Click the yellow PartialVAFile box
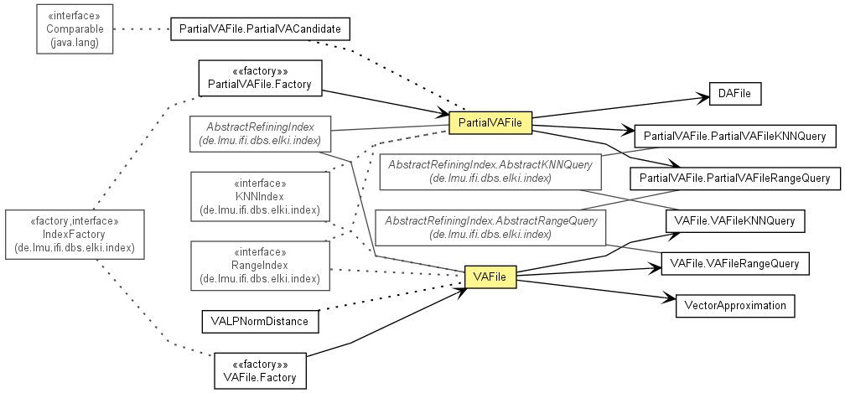490,122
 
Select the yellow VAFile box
490,277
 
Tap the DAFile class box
734,94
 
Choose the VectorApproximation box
735,306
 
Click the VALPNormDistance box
260,322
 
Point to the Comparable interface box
75,29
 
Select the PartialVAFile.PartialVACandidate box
260,29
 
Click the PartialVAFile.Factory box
260,78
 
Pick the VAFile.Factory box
260,370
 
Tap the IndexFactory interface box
75,235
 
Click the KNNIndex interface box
260,196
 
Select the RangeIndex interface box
260,266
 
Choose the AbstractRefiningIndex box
260,133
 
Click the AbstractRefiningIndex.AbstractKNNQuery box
490,171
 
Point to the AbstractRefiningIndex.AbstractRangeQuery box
490,228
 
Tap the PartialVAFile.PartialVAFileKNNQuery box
735,137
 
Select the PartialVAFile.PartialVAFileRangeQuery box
735,178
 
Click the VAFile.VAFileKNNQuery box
735,220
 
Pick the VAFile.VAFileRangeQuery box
735,264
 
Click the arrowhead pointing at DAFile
702,97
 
